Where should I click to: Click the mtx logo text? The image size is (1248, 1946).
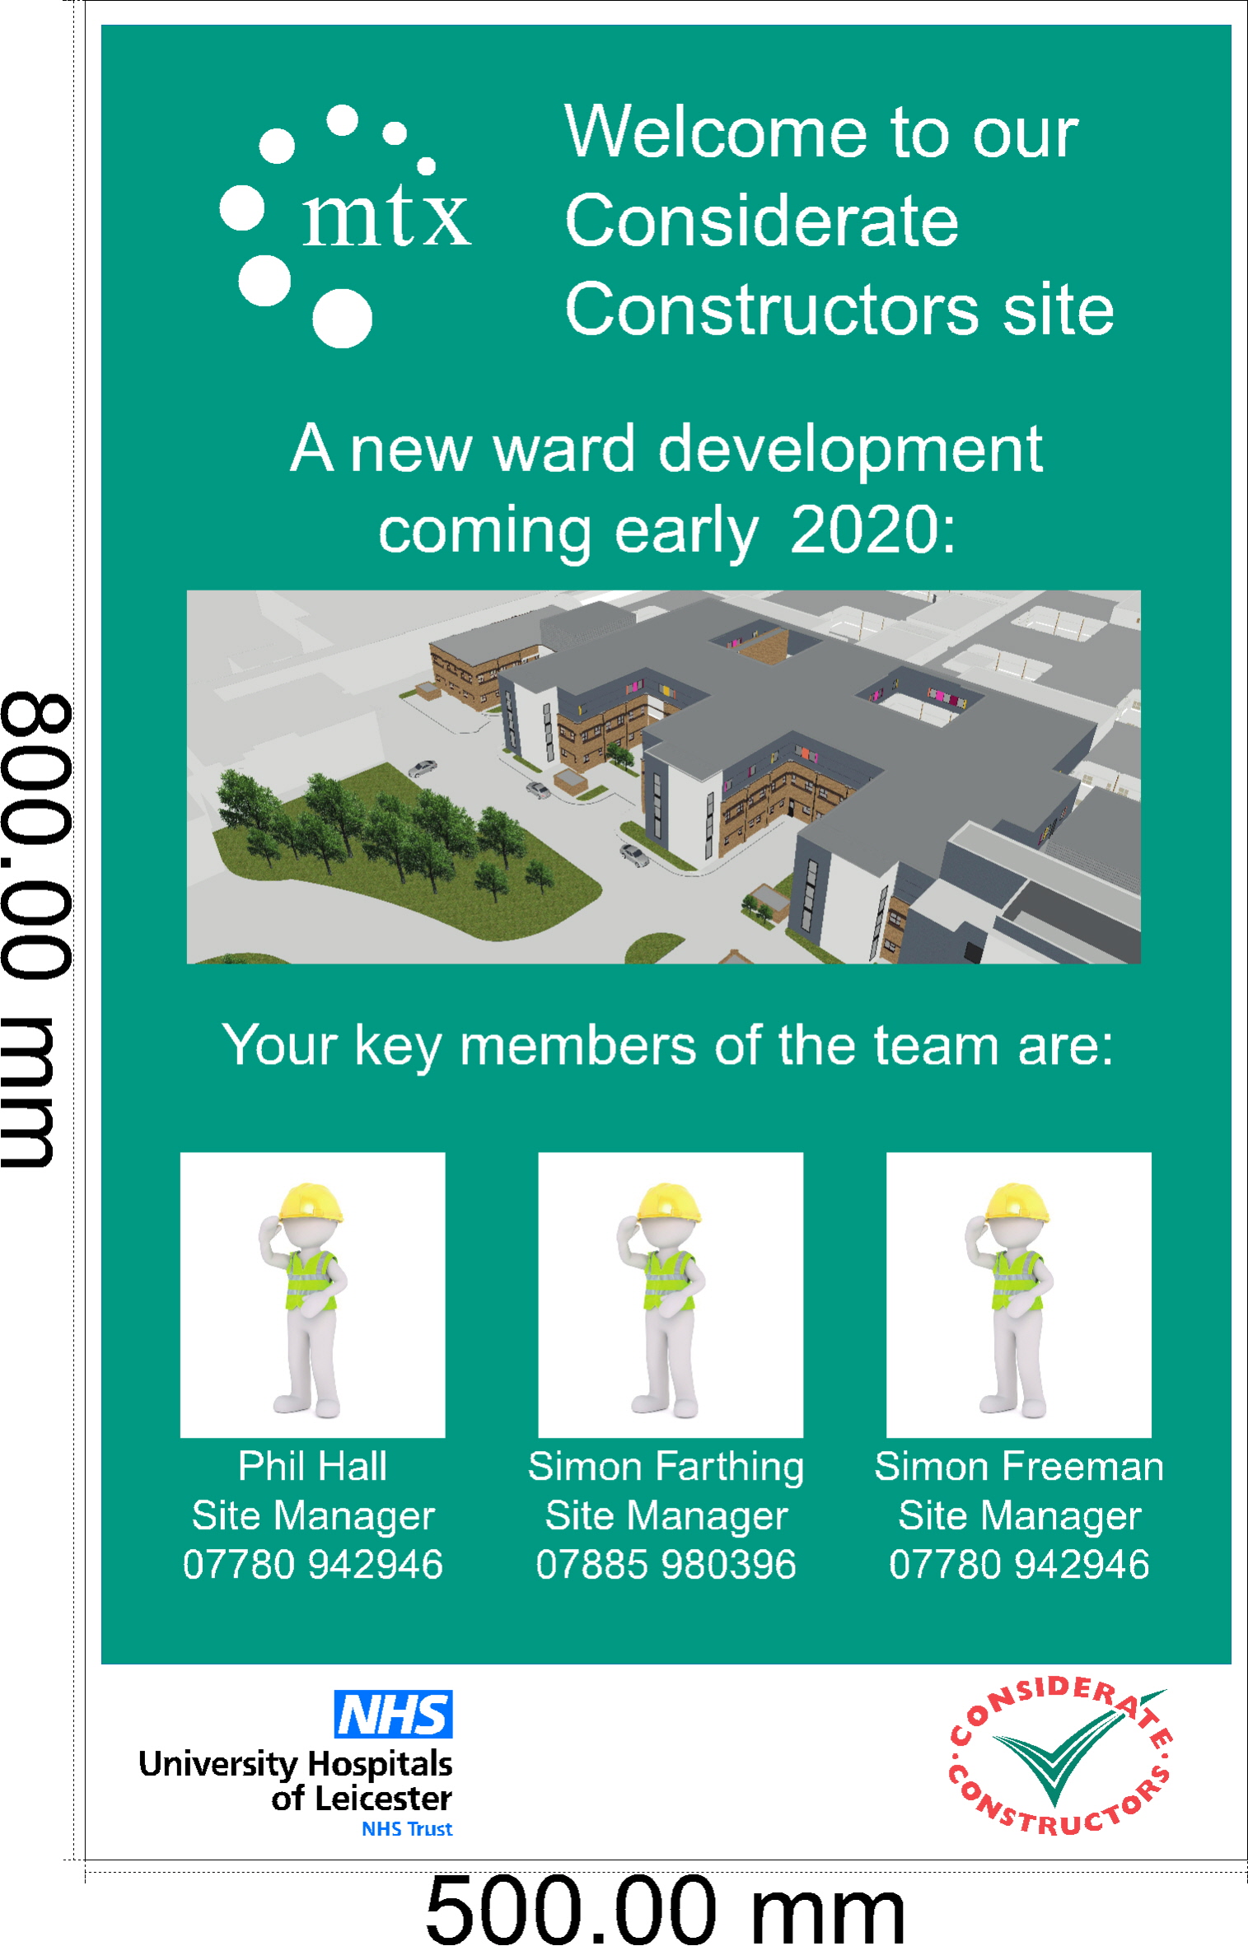click(x=386, y=216)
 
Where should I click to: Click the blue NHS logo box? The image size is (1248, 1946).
click(x=393, y=1715)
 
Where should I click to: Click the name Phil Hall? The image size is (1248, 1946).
click(x=312, y=1466)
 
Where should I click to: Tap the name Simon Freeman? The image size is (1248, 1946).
click(x=1019, y=1466)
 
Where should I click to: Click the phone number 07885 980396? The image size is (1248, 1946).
click(x=666, y=1565)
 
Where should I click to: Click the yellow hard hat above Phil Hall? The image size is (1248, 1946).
click(x=311, y=1203)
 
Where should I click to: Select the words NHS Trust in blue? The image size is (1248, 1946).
click(x=407, y=1829)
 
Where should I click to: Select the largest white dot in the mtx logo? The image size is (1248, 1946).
click(x=342, y=318)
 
